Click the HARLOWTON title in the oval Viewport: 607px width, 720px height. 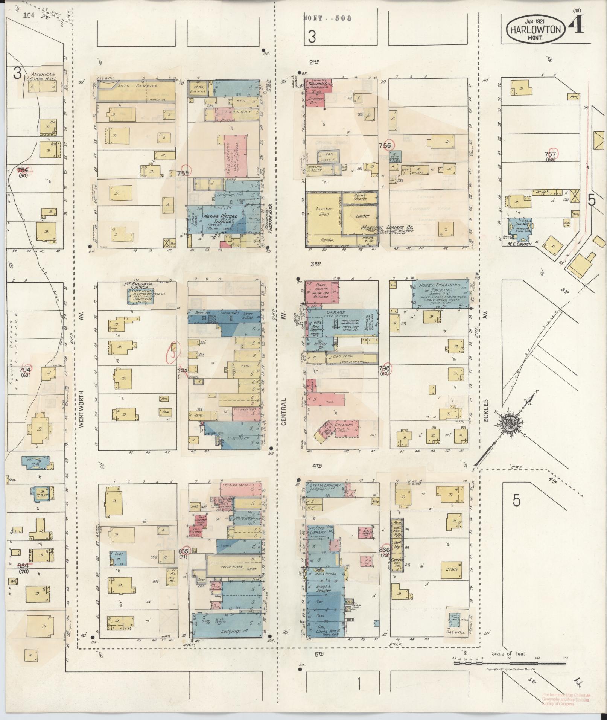[535, 29]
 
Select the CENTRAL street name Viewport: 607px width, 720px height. [283, 412]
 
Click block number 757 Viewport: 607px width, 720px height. [550, 154]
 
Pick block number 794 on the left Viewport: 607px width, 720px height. [25, 370]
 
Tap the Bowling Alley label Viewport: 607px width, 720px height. [315, 168]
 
